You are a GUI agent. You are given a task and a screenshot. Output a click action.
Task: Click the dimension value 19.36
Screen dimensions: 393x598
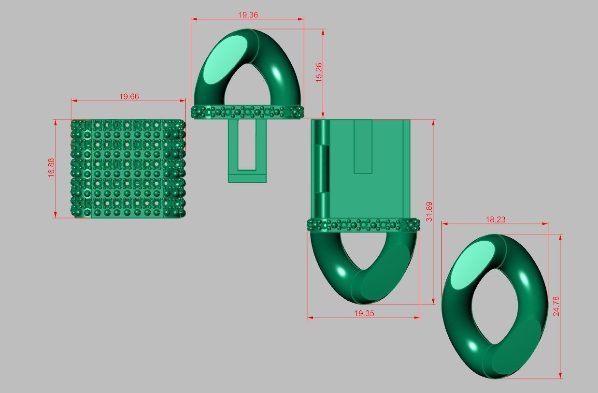(248, 15)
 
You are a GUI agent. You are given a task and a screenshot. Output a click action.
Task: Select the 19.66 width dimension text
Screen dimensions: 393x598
(129, 96)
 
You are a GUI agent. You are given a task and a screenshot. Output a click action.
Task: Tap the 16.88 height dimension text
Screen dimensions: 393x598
(51, 169)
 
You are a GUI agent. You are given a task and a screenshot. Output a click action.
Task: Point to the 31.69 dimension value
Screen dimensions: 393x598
(429, 211)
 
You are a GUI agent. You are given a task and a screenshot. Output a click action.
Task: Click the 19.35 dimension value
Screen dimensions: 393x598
(364, 313)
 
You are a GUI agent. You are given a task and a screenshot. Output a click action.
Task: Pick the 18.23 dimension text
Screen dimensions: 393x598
(495, 219)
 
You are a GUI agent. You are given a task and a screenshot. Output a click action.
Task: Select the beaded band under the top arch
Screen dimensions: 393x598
(248, 112)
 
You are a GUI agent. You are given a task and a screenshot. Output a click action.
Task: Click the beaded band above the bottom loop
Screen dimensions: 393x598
(363, 225)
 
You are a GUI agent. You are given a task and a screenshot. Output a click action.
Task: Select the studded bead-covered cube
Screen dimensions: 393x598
(128, 169)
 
